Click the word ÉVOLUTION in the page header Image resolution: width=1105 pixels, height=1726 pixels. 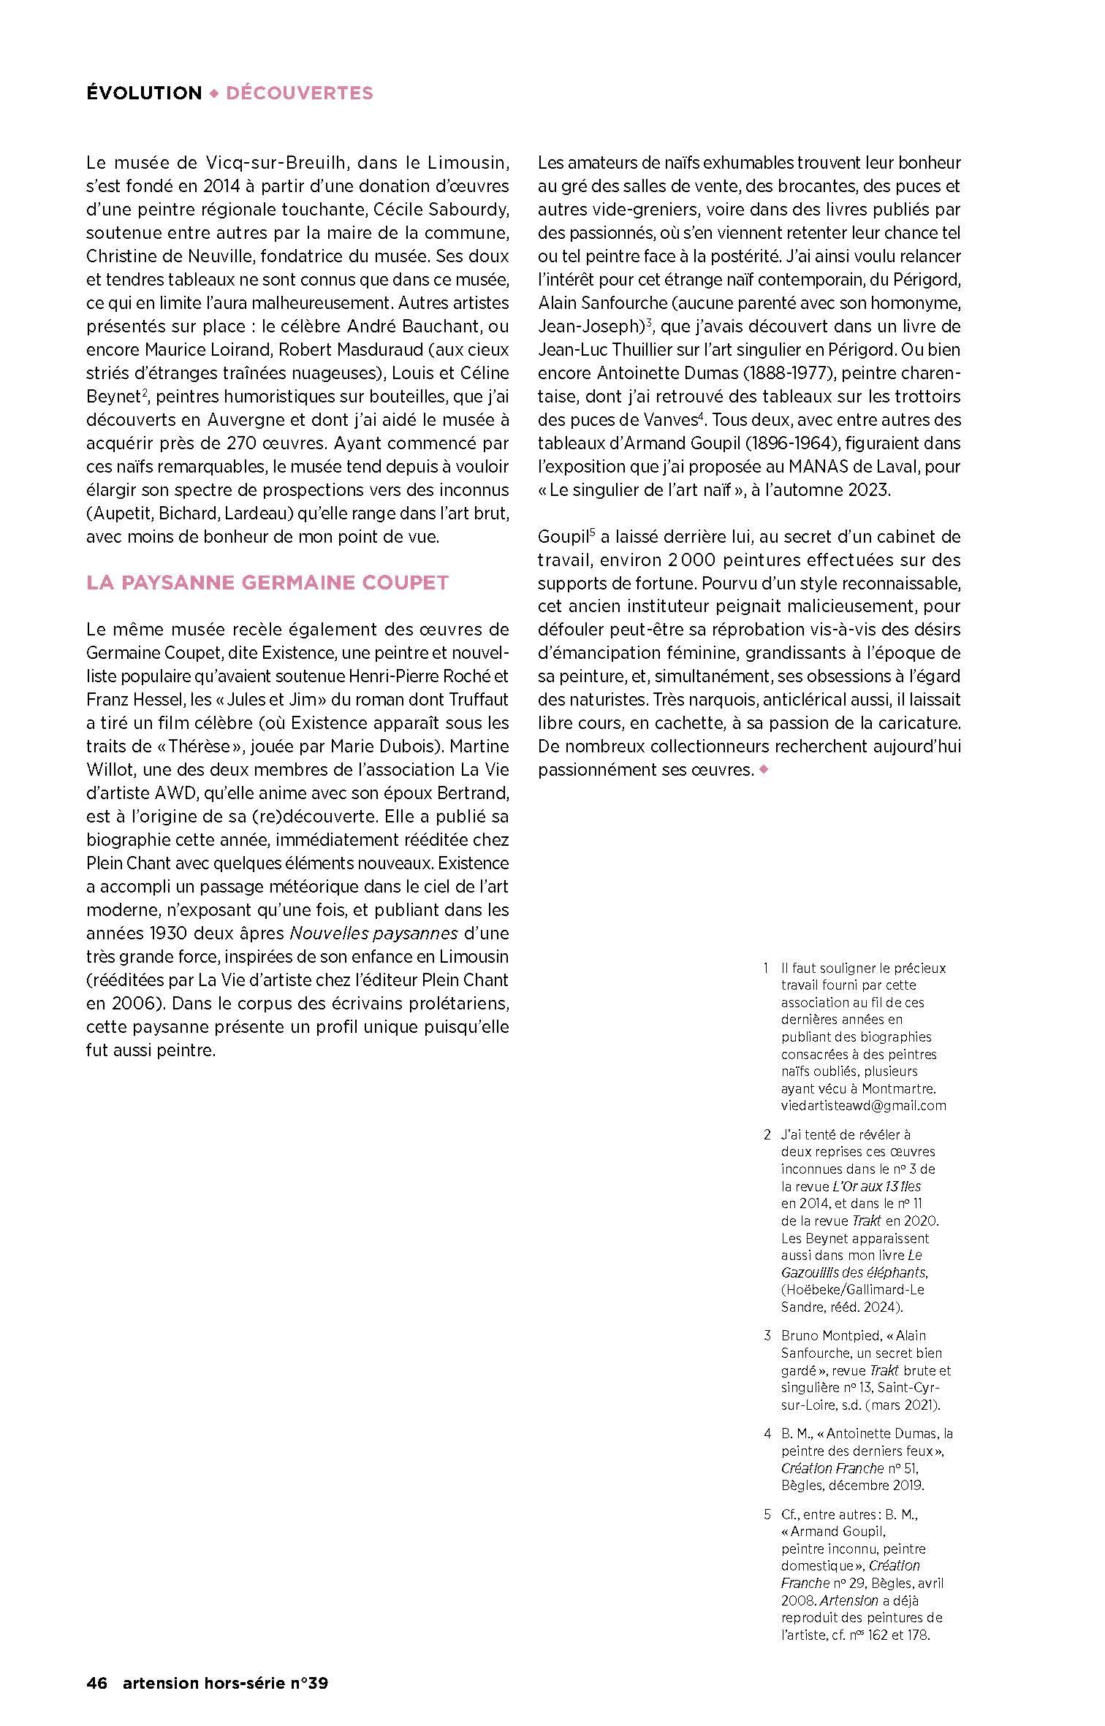click(x=144, y=93)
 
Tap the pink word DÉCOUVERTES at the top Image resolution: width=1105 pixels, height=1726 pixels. click(x=300, y=93)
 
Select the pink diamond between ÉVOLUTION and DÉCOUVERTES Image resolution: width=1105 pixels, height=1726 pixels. click(x=214, y=93)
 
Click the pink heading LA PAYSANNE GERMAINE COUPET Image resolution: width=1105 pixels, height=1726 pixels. click(x=267, y=582)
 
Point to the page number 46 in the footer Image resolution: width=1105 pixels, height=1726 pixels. click(x=96, y=1683)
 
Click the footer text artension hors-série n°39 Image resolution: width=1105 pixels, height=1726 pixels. click(x=225, y=1683)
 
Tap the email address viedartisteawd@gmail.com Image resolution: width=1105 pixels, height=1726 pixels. click(x=863, y=1105)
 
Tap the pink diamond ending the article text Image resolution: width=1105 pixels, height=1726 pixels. click(x=764, y=769)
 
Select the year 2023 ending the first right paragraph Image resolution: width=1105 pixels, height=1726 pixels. click(x=869, y=489)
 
